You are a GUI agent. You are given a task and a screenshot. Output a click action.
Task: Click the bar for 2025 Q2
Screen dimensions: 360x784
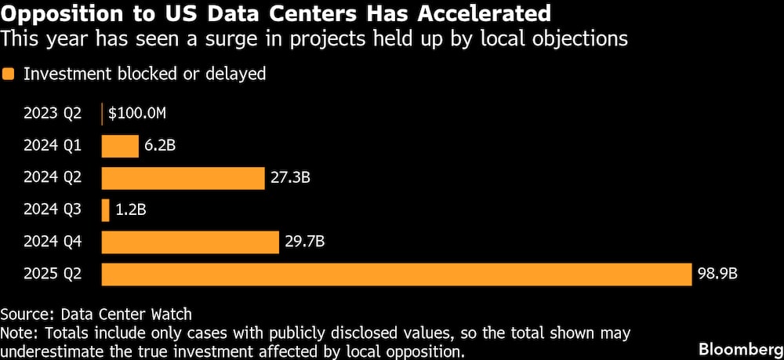pos(397,275)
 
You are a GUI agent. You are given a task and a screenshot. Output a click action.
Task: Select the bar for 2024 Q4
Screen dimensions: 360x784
pos(191,242)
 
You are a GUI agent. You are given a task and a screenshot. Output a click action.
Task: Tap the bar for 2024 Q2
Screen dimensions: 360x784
pos(183,178)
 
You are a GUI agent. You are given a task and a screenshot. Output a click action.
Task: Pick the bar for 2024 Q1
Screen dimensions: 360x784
pos(120,146)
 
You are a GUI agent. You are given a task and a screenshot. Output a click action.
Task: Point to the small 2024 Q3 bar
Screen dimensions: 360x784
pos(106,210)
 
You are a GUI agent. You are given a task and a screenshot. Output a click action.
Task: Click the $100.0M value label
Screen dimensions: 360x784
pos(137,114)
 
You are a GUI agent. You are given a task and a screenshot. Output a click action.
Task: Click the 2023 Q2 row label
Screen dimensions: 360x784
pos(53,114)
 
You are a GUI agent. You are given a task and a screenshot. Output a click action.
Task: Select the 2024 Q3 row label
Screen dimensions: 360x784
pos(53,210)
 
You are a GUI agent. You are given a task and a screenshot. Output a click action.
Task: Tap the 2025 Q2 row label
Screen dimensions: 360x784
pos(53,275)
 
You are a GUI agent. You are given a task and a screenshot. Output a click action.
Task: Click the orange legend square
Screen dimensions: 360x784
pos(9,75)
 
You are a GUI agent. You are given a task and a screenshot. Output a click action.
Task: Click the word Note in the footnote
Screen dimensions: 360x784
pos(16,333)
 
